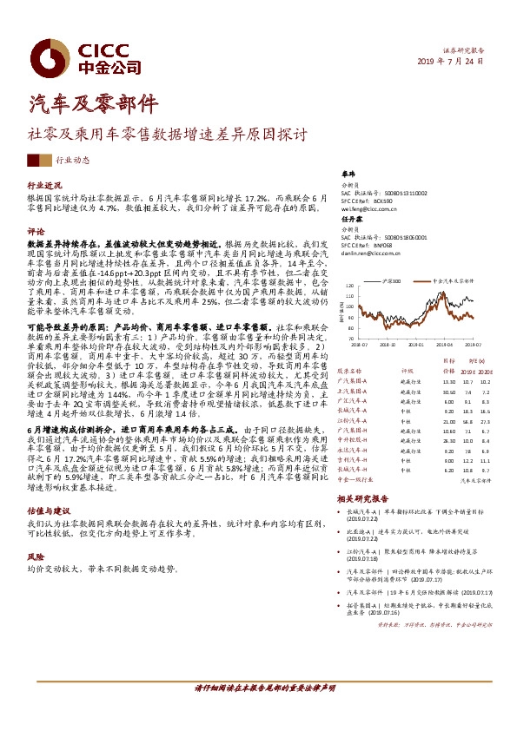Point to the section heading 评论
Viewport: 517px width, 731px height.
36,233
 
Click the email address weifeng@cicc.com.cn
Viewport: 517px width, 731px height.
369,209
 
